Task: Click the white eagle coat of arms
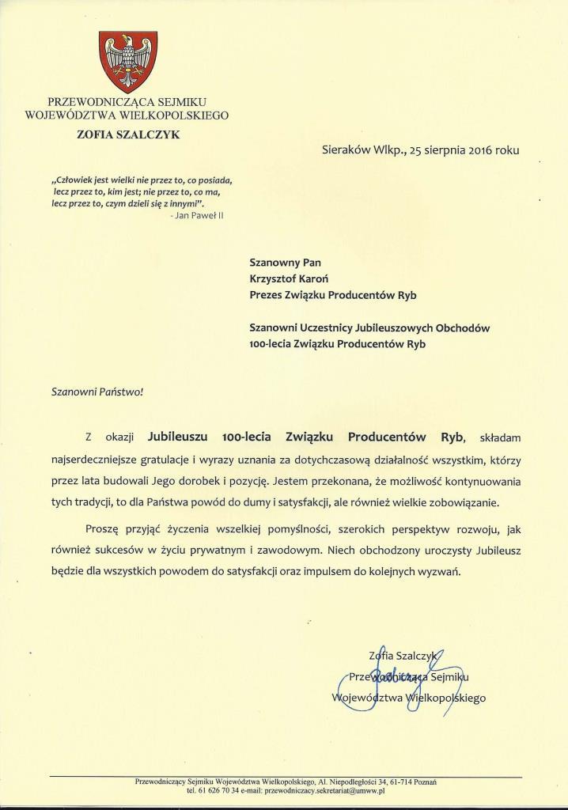127,61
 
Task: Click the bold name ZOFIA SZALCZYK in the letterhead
127,134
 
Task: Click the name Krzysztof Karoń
301,278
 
